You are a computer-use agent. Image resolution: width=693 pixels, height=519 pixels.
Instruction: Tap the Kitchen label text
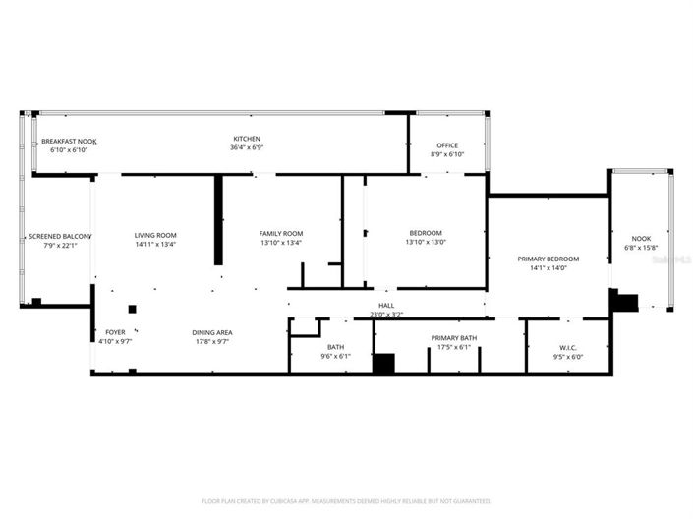click(246, 139)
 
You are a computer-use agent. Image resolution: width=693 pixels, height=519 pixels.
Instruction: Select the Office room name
click(447, 145)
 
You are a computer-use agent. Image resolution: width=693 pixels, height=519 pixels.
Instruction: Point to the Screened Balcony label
click(59, 236)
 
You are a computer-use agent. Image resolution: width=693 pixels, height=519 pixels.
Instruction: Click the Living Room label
click(155, 235)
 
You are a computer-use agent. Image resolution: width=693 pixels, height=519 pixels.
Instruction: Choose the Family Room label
click(280, 234)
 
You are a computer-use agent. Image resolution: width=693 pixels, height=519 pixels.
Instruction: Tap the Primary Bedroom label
click(549, 259)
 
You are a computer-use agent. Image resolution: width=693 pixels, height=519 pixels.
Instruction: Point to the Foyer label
click(115, 333)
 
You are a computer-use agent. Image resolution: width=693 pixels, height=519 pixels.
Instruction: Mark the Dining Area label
click(211, 333)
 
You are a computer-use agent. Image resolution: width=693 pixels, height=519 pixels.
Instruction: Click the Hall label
click(386, 306)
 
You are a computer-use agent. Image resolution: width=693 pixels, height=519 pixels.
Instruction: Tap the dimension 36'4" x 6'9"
click(246, 148)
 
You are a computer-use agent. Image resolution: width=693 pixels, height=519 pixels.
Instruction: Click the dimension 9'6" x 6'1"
click(335, 356)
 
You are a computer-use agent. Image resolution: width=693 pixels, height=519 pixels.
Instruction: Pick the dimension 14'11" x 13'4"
click(155, 244)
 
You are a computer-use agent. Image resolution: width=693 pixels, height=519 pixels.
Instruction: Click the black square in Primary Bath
click(383, 363)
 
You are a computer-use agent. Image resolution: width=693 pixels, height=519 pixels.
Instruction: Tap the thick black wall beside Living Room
click(218, 220)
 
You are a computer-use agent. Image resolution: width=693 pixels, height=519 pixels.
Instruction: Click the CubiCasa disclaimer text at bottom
click(346, 501)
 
